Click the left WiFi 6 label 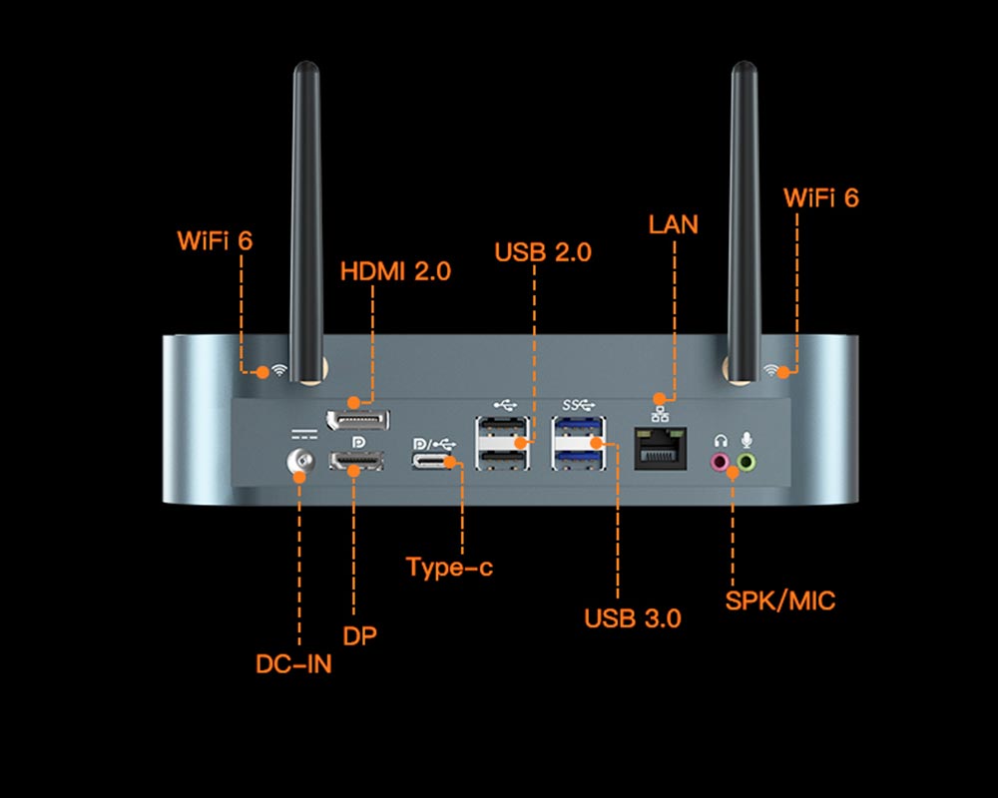click(x=215, y=240)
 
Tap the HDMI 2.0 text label click(x=395, y=270)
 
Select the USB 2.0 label click(x=543, y=252)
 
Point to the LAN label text click(x=674, y=223)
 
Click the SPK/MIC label click(x=780, y=600)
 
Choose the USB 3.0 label click(x=633, y=618)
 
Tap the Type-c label click(x=449, y=568)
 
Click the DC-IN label click(x=293, y=663)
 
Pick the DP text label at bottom click(x=359, y=635)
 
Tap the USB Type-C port click(x=435, y=462)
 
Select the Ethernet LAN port click(x=661, y=450)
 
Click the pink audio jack click(x=719, y=462)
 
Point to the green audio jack click(x=746, y=462)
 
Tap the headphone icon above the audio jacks click(x=719, y=440)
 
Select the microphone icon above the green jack click(x=746, y=440)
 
